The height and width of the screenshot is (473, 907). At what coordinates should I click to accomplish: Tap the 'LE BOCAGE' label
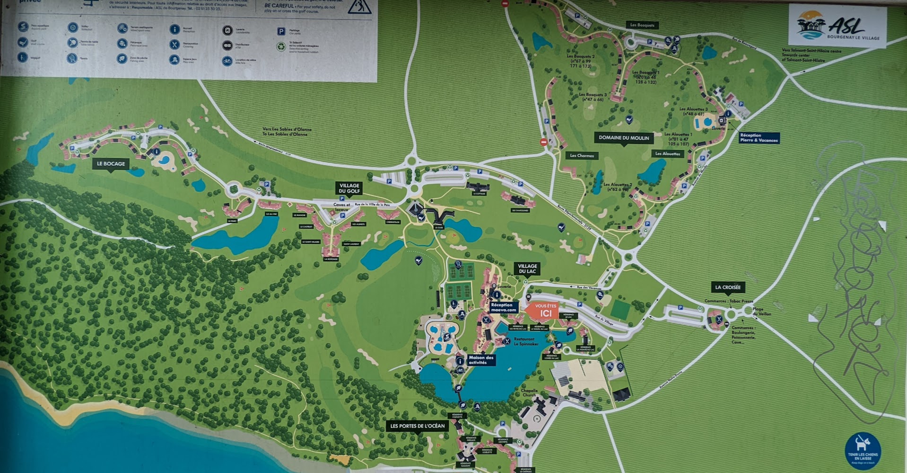[x=111, y=164]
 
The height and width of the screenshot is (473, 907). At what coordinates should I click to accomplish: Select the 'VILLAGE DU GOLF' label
[x=349, y=188]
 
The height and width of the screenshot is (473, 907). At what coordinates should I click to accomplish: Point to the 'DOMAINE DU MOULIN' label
[x=624, y=138]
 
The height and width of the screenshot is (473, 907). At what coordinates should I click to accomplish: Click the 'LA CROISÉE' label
[x=728, y=287]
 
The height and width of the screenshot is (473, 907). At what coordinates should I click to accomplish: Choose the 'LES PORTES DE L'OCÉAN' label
[x=417, y=426]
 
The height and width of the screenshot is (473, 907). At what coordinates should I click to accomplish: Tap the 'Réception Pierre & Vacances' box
[x=759, y=138]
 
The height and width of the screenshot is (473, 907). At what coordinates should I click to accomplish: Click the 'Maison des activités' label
[x=481, y=360]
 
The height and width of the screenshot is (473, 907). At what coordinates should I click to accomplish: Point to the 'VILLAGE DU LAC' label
[x=527, y=268]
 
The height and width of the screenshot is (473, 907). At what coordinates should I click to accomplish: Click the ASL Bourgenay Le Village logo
[x=837, y=26]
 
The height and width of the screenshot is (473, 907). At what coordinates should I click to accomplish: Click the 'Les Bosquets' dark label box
[x=642, y=25]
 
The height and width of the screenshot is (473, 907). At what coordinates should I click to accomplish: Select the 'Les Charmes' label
[x=582, y=155]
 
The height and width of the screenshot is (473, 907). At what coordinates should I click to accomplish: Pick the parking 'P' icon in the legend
[x=281, y=32]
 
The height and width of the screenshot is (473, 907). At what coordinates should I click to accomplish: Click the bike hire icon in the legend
[x=227, y=61]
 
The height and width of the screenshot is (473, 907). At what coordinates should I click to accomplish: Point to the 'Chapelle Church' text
[x=529, y=393]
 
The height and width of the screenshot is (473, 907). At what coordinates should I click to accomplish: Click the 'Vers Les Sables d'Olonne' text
[x=287, y=132]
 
